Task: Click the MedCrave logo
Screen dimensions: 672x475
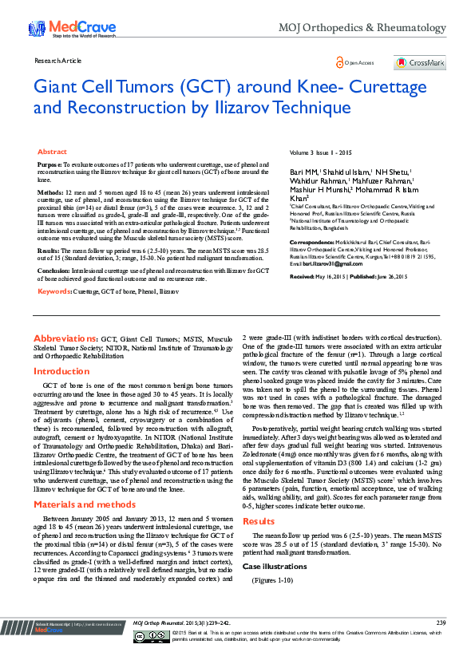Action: (x=60, y=29)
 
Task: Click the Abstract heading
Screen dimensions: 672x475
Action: (x=53, y=152)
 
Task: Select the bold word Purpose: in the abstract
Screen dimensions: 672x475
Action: (x=50, y=164)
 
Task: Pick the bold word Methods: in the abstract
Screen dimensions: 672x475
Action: (x=50, y=192)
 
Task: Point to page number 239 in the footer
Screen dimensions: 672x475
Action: (x=441, y=645)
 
